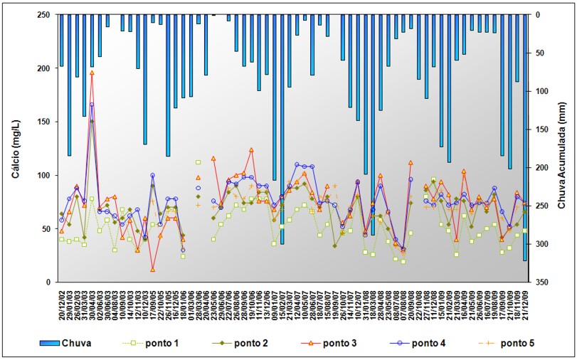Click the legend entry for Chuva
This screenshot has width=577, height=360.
pos(75,343)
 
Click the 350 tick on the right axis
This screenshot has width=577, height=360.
pos(541,282)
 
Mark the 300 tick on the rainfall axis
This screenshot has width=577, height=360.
pos(541,244)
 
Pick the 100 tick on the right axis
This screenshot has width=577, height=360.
pos(541,91)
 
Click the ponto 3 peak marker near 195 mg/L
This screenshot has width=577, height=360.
pos(92,73)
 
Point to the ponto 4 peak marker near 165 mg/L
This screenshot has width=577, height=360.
pos(92,105)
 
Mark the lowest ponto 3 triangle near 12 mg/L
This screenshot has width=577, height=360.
pos(153,269)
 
